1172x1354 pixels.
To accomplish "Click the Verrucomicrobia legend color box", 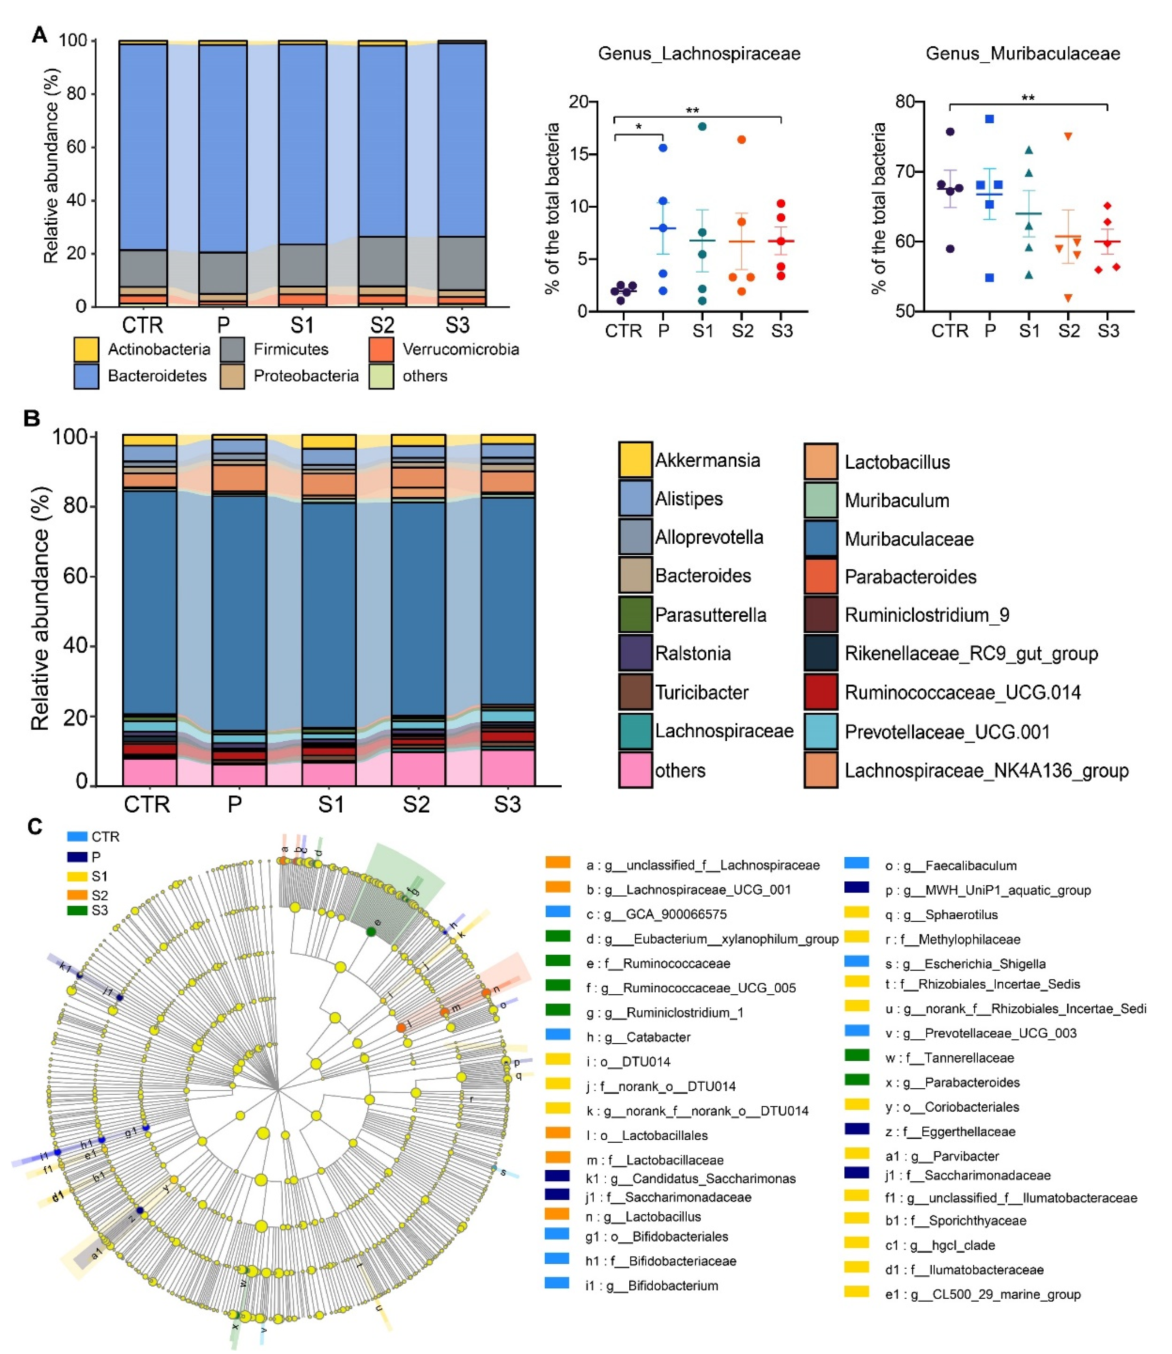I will (x=381, y=349).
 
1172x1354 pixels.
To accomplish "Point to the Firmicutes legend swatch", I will (x=232, y=349).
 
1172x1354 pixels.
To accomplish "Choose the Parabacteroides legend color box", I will (x=821, y=577).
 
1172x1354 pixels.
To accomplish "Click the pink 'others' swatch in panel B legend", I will (x=635, y=770).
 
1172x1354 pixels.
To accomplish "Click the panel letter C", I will (x=35, y=827).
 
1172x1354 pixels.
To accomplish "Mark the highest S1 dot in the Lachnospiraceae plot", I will (x=703, y=126).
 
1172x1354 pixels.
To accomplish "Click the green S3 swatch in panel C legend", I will (x=77, y=910).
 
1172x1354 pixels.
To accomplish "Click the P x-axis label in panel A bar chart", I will (x=223, y=325).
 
